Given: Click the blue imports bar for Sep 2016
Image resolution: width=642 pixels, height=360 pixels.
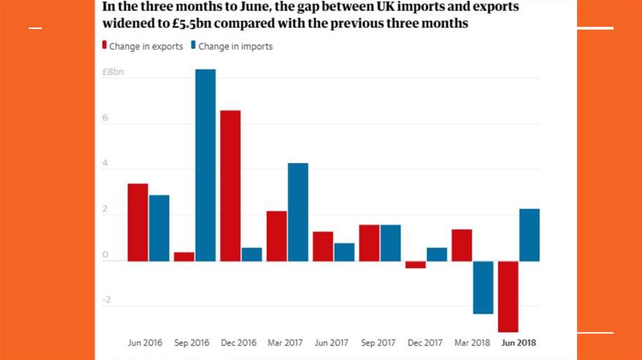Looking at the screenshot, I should (x=205, y=165).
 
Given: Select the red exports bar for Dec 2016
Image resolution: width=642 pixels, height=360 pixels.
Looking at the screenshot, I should (x=230, y=186).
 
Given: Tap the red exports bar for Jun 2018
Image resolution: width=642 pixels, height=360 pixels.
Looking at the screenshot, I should (x=508, y=296).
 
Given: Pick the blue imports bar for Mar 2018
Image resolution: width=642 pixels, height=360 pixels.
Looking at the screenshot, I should (x=483, y=287).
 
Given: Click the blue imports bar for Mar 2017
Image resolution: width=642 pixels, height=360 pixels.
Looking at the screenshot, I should (x=298, y=212).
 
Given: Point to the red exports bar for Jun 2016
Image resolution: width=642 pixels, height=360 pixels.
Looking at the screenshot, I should (x=138, y=222).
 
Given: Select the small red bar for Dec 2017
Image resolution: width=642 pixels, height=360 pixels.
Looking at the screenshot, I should (x=415, y=265).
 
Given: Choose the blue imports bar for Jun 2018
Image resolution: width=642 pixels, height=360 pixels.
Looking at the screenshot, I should (x=529, y=235).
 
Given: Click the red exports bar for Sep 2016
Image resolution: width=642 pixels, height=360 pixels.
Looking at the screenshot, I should (x=184, y=257).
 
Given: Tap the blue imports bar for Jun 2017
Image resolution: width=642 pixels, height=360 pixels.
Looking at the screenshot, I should (x=344, y=251).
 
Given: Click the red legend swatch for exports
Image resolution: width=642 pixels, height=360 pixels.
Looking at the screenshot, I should (x=104, y=46).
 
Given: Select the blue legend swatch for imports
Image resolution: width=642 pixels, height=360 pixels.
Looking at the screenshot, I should (x=194, y=46).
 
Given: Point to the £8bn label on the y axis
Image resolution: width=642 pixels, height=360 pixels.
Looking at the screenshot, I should (x=113, y=72).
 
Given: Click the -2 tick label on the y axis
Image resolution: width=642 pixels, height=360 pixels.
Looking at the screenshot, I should (x=106, y=300).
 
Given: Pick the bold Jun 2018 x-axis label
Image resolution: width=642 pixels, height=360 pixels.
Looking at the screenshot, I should (x=518, y=343).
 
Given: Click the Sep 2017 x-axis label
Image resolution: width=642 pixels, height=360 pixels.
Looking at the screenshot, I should (x=378, y=343).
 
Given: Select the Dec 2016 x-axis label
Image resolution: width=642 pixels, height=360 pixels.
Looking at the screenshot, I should (x=239, y=343).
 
